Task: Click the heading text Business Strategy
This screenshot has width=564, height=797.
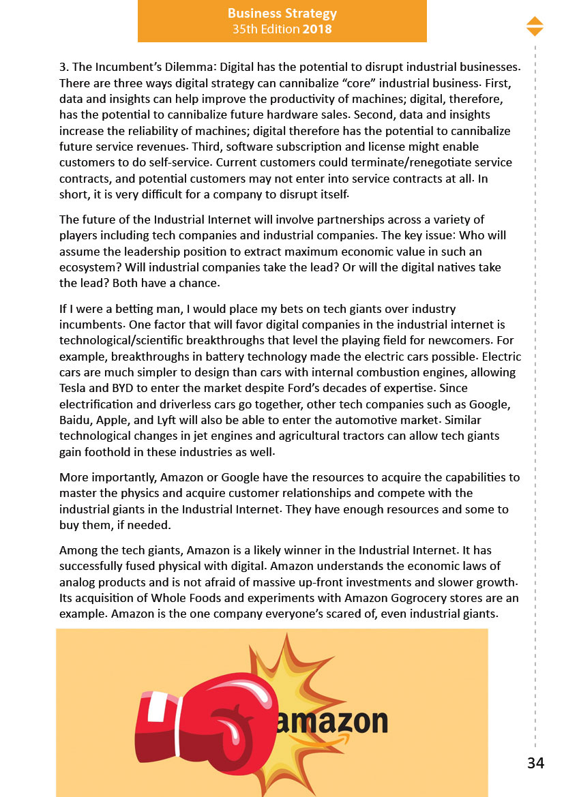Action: pos(282,14)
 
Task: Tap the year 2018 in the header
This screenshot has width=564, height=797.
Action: pos(317,29)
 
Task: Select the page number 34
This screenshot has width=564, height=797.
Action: pos(535,763)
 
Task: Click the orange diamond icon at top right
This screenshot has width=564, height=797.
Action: pos(535,26)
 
